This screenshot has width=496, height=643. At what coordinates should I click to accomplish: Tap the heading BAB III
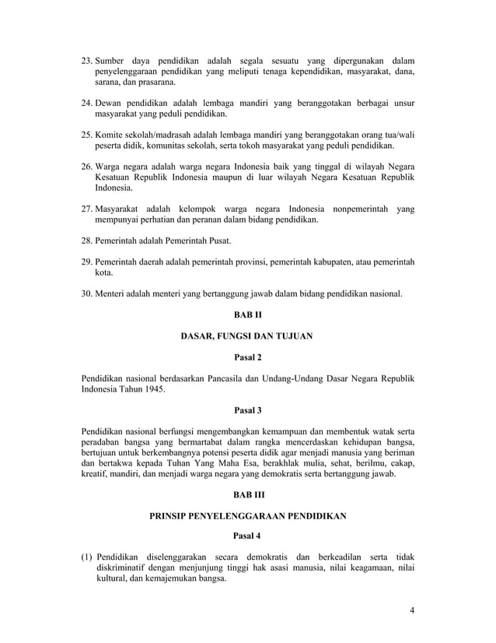click(248, 494)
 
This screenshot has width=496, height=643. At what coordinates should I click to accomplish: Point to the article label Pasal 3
click(248, 409)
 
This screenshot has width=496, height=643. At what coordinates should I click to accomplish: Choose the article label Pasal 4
click(248, 536)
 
